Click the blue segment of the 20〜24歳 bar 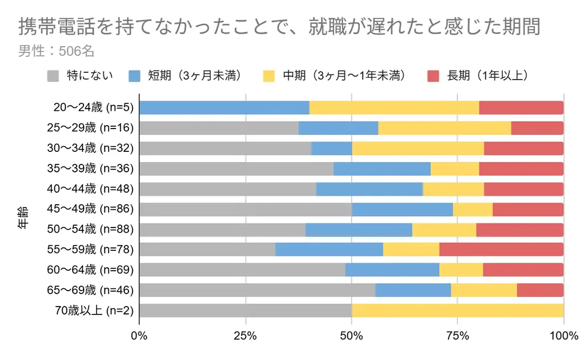click(x=224, y=108)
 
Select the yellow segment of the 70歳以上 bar click(x=458, y=311)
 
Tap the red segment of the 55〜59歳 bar click(x=501, y=250)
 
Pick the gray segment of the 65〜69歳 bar click(x=257, y=290)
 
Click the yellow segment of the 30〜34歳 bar click(x=418, y=148)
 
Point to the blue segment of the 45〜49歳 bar click(x=402, y=209)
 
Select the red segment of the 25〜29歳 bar click(x=537, y=129)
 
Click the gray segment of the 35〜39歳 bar click(x=236, y=169)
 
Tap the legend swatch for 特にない click(x=53, y=76)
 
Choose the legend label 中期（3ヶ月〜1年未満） click(x=344, y=76)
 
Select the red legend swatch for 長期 click(x=434, y=76)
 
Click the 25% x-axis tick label click(x=246, y=336)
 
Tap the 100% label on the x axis click(x=563, y=336)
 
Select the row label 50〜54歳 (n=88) click(x=90, y=230)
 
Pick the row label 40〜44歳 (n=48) click(x=90, y=189)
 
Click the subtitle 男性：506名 click(x=56, y=51)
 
